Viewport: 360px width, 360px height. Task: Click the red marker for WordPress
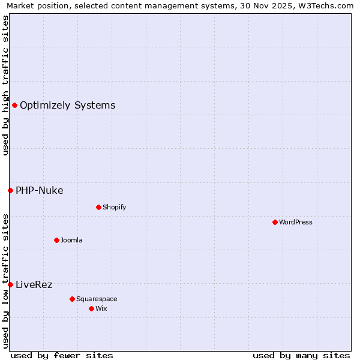pyautogui.click(x=275, y=222)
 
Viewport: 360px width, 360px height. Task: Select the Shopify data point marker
pyautogui.click(x=98, y=207)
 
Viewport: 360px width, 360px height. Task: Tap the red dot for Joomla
pyautogui.click(x=56, y=240)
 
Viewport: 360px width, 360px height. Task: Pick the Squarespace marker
pyautogui.click(x=72, y=299)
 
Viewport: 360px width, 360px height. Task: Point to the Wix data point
pyautogui.click(x=91, y=308)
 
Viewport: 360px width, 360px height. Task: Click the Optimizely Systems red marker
pyautogui.click(x=14, y=106)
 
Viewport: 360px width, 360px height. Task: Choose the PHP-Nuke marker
pyautogui.click(x=10, y=191)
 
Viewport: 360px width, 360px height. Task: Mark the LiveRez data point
pyautogui.click(x=10, y=284)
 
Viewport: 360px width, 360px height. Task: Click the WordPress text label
pyautogui.click(x=296, y=222)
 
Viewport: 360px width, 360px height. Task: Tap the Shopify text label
pyautogui.click(x=114, y=207)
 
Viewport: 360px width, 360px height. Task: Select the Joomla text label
pyautogui.click(x=71, y=240)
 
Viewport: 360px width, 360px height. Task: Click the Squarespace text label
pyautogui.click(x=97, y=299)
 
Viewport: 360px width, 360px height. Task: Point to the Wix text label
pyautogui.click(x=101, y=308)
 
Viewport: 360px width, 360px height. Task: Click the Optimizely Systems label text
pyautogui.click(x=67, y=106)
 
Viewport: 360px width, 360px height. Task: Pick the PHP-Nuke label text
pyautogui.click(x=39, y=191)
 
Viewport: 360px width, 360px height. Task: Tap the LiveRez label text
pyautogui.click(x=34, y=284)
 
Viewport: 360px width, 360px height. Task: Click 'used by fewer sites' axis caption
pyautogui.click(x=62, y=355)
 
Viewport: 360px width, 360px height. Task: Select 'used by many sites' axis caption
pyautogui.click(x=301, y=355)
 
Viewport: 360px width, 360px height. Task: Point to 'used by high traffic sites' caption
pyautogui.click(x=5, y=85)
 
